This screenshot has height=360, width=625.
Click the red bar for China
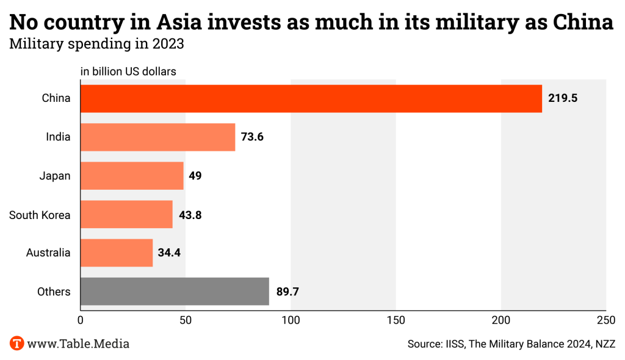[311, 98]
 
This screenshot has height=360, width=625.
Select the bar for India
[157, 137]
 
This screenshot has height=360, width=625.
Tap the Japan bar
[132, 176]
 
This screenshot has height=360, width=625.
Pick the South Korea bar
[126, 214]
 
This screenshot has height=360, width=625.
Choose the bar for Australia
[117, 253]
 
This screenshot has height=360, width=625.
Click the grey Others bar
[175, 291]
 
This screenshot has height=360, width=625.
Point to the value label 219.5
[562, 98]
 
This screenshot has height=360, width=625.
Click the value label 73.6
[252, 137]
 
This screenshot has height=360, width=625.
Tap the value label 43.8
[189, 214]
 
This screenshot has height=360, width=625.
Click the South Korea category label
[40, 214]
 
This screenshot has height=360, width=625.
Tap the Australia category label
[48, 253]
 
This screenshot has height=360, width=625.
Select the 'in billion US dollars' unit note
[128, 71]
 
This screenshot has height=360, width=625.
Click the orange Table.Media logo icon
[16, 343]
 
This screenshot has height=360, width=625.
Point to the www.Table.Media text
[78, 344]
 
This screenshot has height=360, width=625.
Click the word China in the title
[583, 23]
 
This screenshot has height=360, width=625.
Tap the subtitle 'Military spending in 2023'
[96, 44]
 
